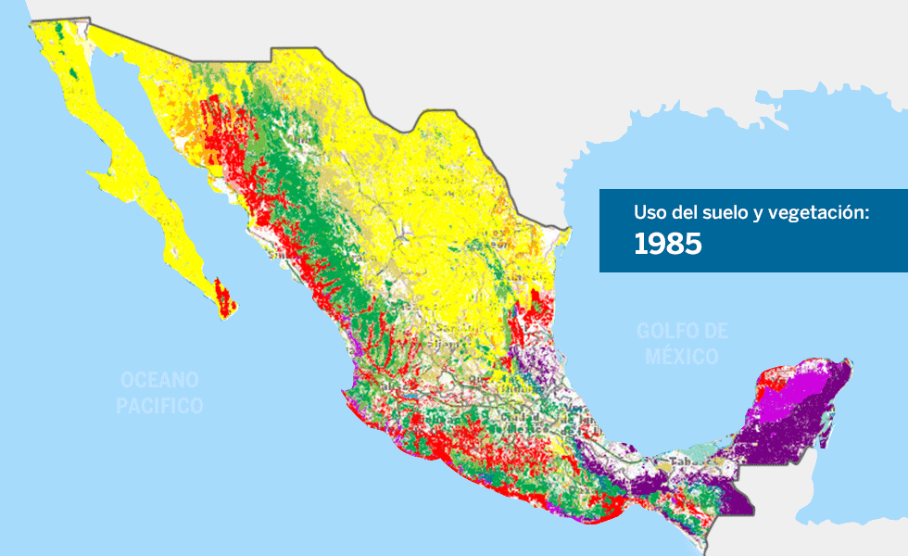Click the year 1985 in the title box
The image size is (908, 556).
(667, 244)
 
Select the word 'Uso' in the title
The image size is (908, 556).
(649, 213)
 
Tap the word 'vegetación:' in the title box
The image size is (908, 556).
(824, 213)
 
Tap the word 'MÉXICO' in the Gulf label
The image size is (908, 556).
(682, 357)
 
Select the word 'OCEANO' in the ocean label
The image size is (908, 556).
(159, 380)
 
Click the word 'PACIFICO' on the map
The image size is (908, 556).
(159, 405)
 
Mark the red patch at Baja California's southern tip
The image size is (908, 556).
(221, 296)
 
